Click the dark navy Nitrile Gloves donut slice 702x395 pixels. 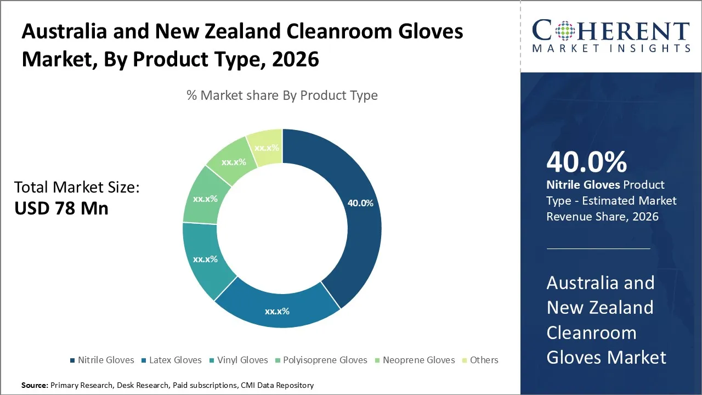tap(351, 230)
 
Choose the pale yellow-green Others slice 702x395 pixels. tap(266, 147)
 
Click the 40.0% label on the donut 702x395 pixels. tap(360, 203)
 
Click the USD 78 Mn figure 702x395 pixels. tap(61, 208)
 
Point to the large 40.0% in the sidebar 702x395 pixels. tap(587, 162)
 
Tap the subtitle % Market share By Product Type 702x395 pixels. tap(282, 95)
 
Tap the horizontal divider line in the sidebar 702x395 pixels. tap(598, 249)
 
